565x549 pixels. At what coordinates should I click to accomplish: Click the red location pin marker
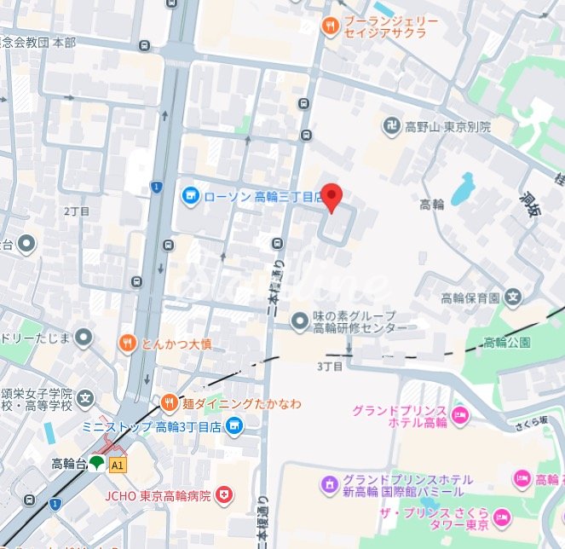(x=332, y=197)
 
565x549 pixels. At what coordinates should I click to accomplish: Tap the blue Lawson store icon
(x=190, y=197)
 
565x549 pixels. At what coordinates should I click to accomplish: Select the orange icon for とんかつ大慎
(x=126, y=344)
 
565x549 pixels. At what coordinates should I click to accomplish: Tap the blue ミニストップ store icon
(x=234, y=425)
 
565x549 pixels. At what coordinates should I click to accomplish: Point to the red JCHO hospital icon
(x=224, y=494)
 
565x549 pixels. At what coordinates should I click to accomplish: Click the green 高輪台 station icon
(x=96, y=464)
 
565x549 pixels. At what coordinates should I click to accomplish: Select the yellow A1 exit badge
(x=118, y=465)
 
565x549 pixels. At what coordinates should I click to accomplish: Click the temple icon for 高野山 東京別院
(x=391, y=126)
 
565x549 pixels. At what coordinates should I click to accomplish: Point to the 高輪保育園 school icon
(x=512, y=298)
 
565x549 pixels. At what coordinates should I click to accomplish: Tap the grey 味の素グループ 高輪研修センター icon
(x=299, y=321)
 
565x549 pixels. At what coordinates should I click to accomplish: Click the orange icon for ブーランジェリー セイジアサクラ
(x=330, y=27)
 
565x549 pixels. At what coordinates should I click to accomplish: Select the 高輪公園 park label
(x=506, y=343)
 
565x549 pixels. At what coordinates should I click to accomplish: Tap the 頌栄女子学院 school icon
(x=84, y=397)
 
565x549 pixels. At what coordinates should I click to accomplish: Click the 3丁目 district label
(x=329, y=367)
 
